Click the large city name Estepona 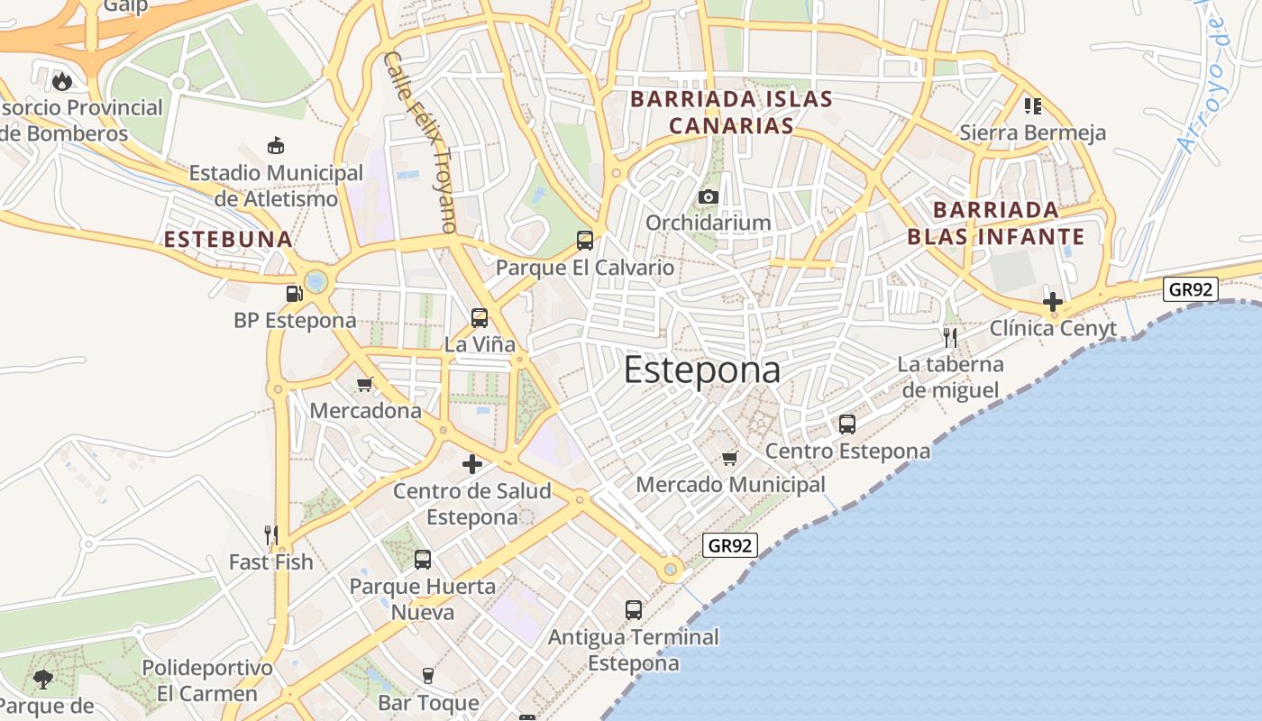[x=701, y=370]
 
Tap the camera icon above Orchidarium [x=709, y=197]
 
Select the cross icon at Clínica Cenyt [x=1052, y=301]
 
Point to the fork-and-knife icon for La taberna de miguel [x=950, y=338]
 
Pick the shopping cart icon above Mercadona [x=365, y=385]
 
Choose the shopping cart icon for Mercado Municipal [x=730, y=458]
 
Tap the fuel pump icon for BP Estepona [x=294, y=293]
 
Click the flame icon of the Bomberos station [x=61, y=81]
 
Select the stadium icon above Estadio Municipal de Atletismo [x=276, y=145]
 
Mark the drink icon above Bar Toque [x=428, y=676]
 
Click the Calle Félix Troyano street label [x=421, y=142]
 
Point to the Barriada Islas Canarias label [x=731, y=112]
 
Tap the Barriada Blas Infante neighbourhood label [x=995, y=224]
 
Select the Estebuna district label [x=228, y=240]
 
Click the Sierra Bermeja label [x=1032, y=133]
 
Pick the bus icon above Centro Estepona [x=847, y=424]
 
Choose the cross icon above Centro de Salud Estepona [x=472, y=465]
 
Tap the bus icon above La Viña [x=480, y=317]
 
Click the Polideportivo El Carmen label [x=207, y=681]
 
